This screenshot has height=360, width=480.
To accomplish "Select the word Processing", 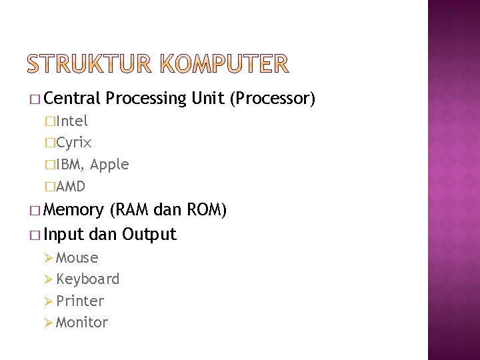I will pyautogui.click(x=146, y=99).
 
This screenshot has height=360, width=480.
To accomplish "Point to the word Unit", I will pyautogui.click(x=207, y=99).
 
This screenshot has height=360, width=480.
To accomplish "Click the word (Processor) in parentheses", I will pyautogui.click(x=271, y=99).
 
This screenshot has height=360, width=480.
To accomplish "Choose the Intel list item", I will pyautogui.click(x=72, y=121).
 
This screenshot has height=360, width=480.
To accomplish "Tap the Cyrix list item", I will pyautogui.click(x=74, y=143).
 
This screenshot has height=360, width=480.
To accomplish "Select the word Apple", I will pyautogui.click(x=109, y=165).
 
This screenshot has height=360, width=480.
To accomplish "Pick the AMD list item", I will pyautogui.click(x=71, y=186).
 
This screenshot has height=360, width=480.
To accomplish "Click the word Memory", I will pyautogui.click(x=74, y=211).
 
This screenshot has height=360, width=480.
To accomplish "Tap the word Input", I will pyautogui.click(x=64, y=235).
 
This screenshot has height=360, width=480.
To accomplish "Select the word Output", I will pyautogui.click(x=149, y=234).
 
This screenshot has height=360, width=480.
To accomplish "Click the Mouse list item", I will pyautogui.click(x=77, y=257).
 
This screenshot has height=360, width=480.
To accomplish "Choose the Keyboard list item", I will pyautogui.click(x=88, y=279).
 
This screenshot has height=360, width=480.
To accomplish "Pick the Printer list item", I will pyautogui.click(x=80, y=301).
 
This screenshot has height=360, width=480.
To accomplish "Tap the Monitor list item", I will pyautogui.click(x=82, y=322).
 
